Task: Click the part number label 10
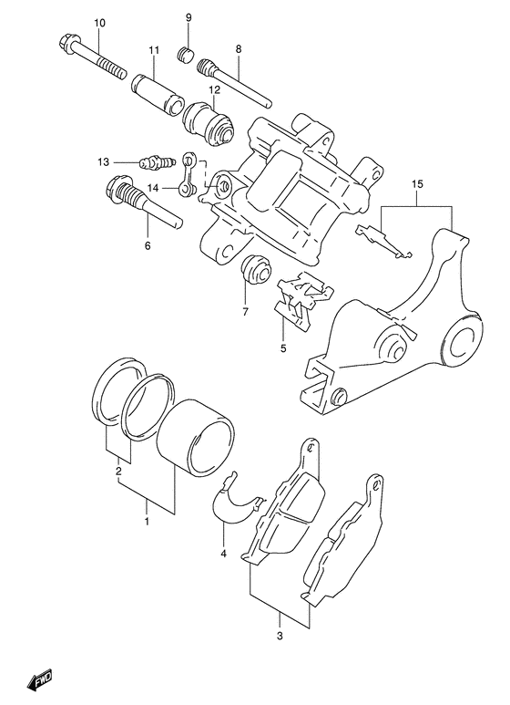point(99,23)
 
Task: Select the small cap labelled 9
point(185,54)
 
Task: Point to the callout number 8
point(238,49)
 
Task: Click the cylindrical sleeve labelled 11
point(158,91)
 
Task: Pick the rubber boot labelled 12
point(209,124)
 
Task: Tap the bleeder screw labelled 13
point(157,162)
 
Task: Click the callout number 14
point(153,188)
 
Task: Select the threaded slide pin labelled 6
point(144,202)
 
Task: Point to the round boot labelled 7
point(256,269)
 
